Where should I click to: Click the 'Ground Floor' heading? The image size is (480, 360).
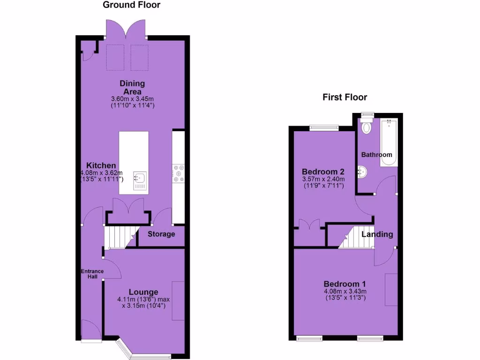(x=131, y=5)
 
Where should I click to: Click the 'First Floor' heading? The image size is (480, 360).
(x=345, y=97)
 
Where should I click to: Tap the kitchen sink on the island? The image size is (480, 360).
(x=140, y=178)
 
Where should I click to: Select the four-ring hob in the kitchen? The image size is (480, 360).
(x=178, y=172)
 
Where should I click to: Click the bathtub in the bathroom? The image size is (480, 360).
(x=389, y=143)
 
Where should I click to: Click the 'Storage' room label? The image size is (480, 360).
(x=161, y=234)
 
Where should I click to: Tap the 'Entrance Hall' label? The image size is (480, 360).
(x=92, y=274)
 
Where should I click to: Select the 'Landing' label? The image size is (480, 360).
(x=376, y=234)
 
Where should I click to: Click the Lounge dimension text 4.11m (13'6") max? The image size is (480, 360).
(x=141, y=300)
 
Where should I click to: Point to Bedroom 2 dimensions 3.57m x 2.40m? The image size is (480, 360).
(x=323, y=179)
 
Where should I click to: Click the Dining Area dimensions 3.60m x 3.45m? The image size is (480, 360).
(x=133, y=99)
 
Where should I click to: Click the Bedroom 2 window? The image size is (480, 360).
(x=324, y=126)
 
